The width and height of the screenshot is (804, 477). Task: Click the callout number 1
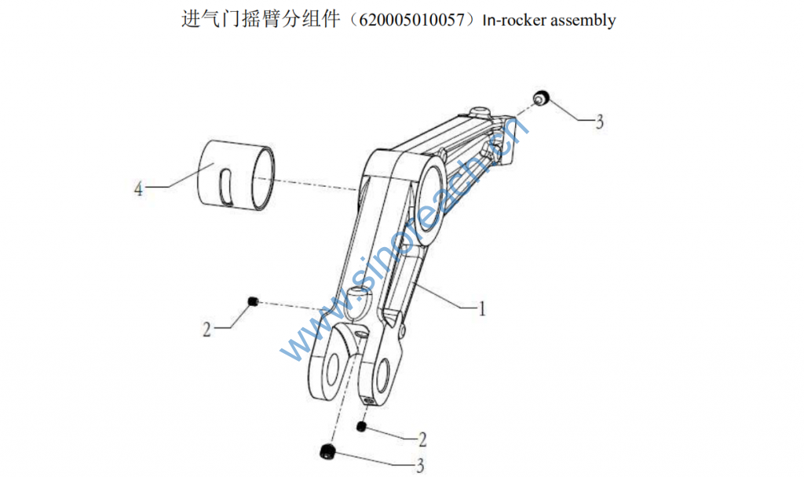coord(481,309)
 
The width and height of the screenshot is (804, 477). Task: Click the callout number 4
coord(139,189)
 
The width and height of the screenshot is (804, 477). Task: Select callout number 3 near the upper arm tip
coord(599,122)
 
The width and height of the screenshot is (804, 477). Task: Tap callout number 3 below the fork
coord(420,464)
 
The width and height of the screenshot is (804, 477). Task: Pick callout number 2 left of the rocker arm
coord(206,330)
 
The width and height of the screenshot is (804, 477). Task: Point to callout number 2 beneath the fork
coord(422,439)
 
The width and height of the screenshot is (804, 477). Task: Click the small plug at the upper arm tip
coord(539,98)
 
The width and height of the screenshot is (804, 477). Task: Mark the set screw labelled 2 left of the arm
coord(253,302)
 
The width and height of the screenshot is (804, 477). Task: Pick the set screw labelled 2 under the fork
coord(362,427)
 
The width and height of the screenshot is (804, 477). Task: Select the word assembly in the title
coord(583,20)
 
